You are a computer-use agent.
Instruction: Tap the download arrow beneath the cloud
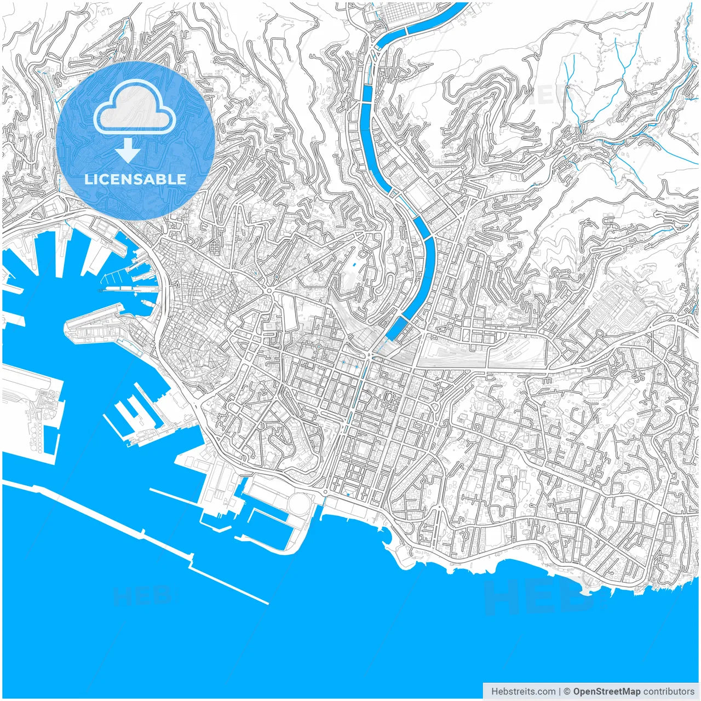(128, 151)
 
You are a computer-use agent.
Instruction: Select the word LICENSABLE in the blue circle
(135, 179)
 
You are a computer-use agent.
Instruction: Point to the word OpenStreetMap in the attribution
(607, 691)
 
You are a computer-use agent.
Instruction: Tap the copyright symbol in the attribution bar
(567, 691)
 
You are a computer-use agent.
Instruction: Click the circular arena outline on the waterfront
(299, 503)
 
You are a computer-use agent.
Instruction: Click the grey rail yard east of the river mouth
(482, 356)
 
